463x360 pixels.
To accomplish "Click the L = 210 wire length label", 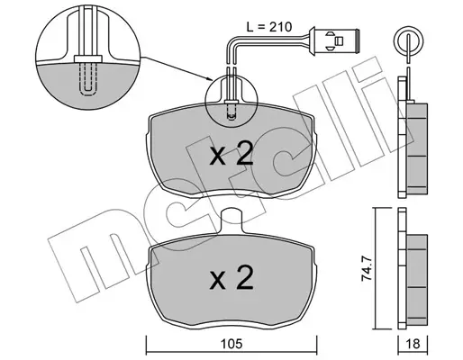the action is [x=268, y=27].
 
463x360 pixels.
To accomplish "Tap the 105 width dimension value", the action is [x=231, y=344].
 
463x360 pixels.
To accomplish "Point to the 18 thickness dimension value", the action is [x=413, y=344].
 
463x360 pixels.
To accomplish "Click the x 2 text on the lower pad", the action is [x=231, y=278].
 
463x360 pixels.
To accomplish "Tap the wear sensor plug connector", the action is [x=334, y=40].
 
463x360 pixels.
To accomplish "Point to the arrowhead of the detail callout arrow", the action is [x=210, y=79].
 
